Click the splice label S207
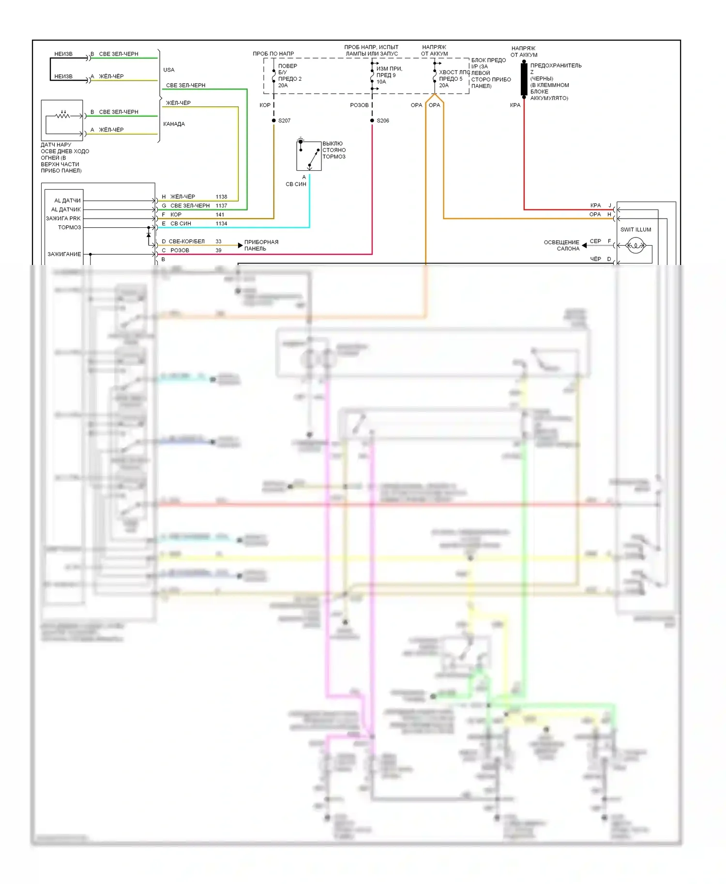284,120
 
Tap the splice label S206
383,120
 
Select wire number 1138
221,197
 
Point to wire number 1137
221,206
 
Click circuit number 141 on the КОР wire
220,215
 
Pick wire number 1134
221,223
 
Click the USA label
169,70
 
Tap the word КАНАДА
174,124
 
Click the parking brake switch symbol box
309,156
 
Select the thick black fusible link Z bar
524,79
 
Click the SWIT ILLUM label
635,230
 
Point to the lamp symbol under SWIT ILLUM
635,246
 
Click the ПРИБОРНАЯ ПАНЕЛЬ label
261,245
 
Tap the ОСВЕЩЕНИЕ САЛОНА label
561,245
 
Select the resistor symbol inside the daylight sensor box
62,115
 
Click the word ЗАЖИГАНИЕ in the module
64,254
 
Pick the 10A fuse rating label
381,82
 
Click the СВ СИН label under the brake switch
296,184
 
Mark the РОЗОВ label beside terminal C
180,250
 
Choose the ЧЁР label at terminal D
595,259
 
